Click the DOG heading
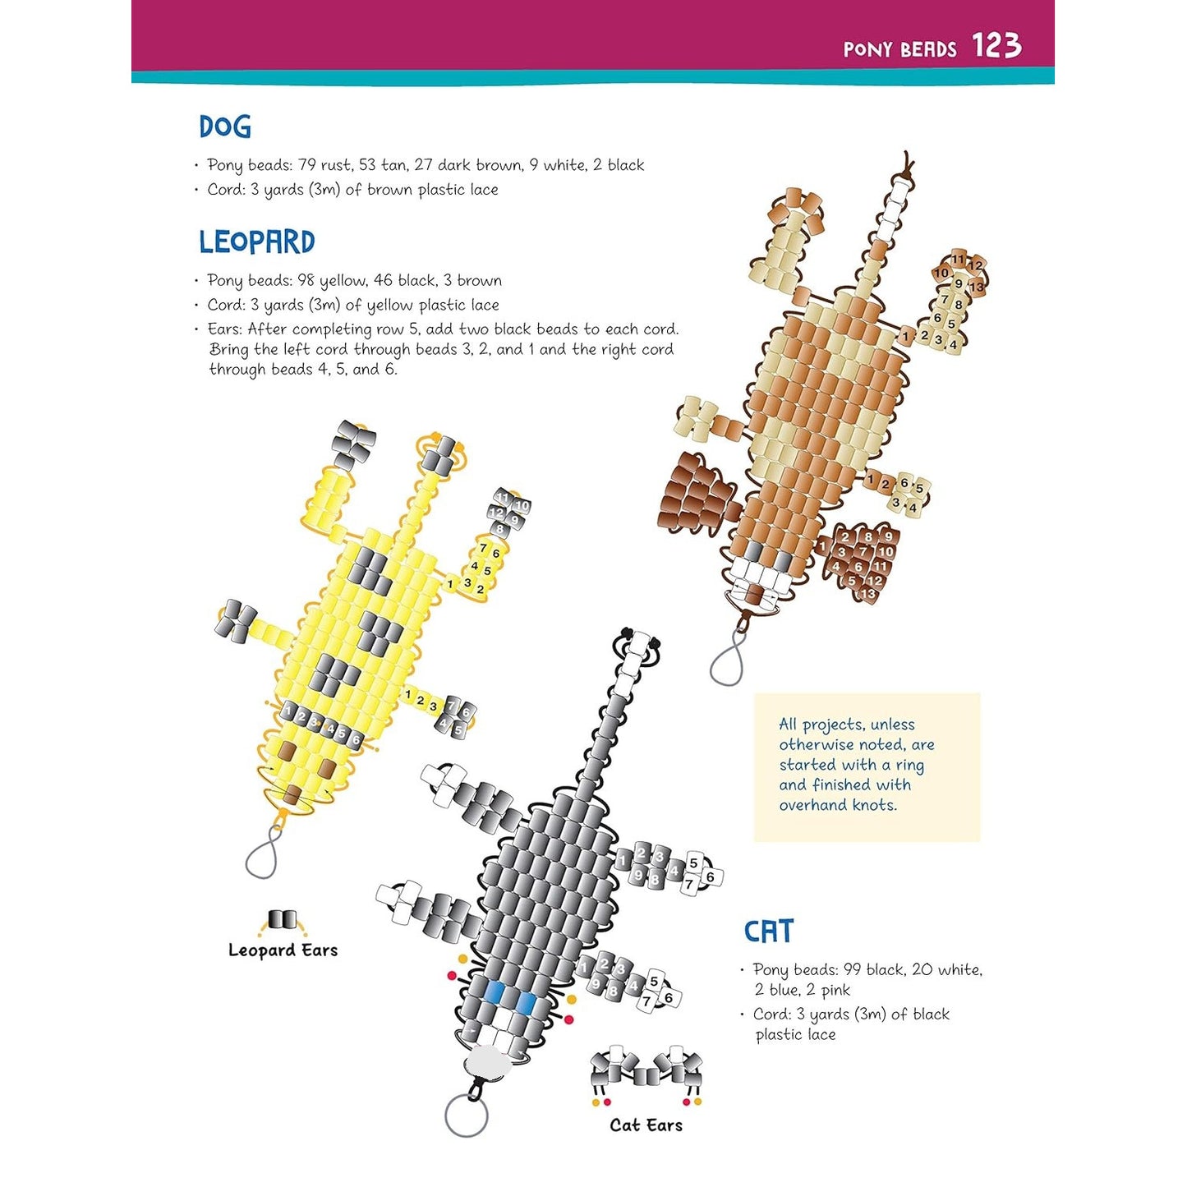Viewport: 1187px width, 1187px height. tap(224, 127)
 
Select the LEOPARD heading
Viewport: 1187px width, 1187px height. tap(256, 242)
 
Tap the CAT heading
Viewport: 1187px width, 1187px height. tap(768, 932)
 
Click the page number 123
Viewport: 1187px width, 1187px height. tap(996, 46)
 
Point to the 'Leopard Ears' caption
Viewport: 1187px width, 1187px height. tap(283, 950)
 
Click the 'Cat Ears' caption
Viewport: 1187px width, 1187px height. tap(646, 1125)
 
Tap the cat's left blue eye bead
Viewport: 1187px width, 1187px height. tap(494, 993)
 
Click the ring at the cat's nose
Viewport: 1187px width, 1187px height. tap(466, 1116)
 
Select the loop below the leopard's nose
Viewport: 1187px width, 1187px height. tap(262, 858)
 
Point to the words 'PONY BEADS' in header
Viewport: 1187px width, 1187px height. tap(899, 49)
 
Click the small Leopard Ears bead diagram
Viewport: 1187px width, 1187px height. tap(281, 919)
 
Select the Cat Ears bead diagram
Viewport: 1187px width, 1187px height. tap(647, 1070)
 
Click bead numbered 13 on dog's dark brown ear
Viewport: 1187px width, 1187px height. tap(867, 593)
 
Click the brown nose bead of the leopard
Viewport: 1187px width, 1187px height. tap(293, 793)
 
